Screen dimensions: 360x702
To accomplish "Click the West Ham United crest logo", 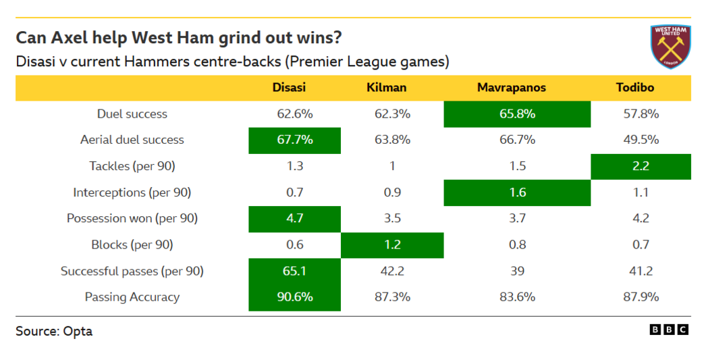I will click(670, 46).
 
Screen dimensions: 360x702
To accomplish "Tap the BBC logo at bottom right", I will click(668, 330).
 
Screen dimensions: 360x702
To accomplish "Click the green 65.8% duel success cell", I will click(516, 114).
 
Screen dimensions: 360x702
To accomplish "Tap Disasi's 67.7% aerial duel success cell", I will click(294, 140).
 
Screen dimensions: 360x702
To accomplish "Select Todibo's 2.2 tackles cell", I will click(641, 167).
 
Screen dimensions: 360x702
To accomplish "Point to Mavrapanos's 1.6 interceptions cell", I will click(516, 192).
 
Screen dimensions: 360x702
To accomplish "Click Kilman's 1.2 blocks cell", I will click(392, 245).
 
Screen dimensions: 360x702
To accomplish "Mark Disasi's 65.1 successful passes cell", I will click(294, 272).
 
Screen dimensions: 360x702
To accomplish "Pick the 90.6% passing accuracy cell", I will click(294, 297).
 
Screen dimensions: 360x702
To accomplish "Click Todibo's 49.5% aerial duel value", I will click(641, 140).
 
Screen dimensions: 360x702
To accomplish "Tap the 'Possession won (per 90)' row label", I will click(132, 219).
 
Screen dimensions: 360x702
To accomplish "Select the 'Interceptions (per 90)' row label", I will click(132, 192).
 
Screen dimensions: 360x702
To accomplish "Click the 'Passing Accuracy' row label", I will click(132, 297).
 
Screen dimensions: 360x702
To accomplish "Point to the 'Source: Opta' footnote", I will click(54, 331).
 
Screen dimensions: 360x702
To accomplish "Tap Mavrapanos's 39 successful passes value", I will click(516, 272).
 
